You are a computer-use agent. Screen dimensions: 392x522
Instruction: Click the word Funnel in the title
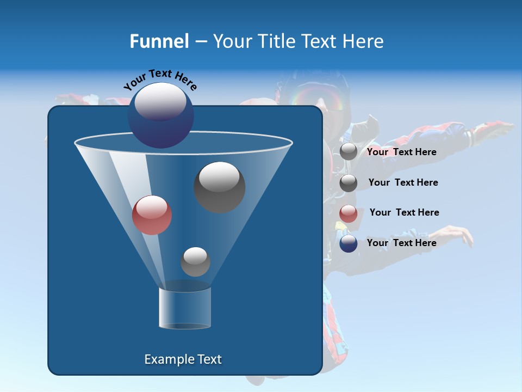(x=159, y=41)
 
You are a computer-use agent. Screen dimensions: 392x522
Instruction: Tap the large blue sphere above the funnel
(x=161, y=116)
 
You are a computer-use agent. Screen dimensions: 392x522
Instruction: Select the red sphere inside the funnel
(x=152, y=215)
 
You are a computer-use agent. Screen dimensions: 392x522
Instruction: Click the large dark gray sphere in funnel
(x=219, y=187)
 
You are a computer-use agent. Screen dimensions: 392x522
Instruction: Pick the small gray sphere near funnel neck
(x=195, y=261)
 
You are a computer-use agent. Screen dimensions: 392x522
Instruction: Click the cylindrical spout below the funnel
(x=185, y=308)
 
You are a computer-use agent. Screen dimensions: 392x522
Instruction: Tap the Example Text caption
(x=183, y=359)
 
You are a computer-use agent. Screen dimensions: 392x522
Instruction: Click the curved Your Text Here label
(x=160, y=79)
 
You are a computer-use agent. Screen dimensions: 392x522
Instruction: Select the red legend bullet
(x=349, y=213)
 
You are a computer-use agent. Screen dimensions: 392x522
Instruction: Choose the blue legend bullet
(x=349, y=243)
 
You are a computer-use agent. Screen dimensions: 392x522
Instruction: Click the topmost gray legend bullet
(x=349, y=152)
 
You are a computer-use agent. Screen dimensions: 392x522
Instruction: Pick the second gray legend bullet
(x=349, y=183)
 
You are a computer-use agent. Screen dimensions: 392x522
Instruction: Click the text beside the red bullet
(x=404, y=212)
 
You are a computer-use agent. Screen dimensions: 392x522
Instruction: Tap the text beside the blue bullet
(x=401, y=243)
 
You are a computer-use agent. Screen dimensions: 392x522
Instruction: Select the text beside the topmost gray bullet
(x=401, y=152)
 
